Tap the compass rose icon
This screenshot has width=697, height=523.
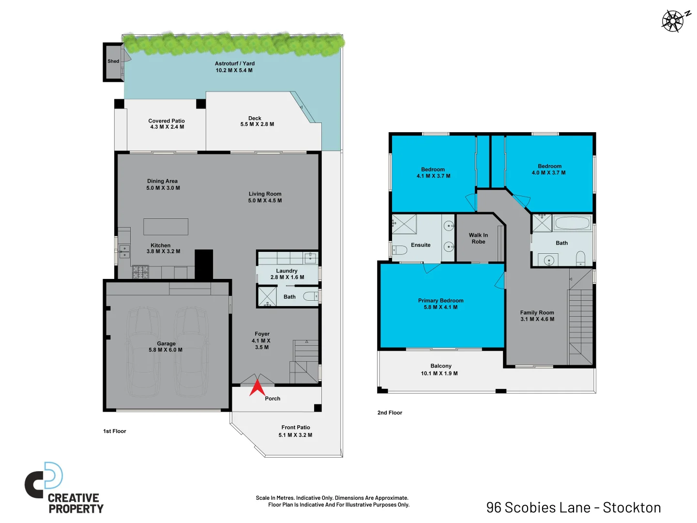click(674, 21)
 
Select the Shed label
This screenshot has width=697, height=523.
click(113, 62)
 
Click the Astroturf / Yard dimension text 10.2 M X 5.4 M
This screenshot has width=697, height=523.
click(234, 71)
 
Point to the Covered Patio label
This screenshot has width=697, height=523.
click(167, 121)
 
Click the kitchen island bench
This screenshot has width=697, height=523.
click(166, 227)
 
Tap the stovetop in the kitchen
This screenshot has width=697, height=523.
click(140, 272)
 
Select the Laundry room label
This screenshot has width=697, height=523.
click(287, 271)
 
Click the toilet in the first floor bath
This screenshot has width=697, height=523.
click(310, 296)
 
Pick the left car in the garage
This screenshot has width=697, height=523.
click(144, 351)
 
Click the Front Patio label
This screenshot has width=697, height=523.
click(295, 428)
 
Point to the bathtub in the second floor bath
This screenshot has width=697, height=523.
click(572, 223)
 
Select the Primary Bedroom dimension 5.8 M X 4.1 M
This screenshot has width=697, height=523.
click(440, 308)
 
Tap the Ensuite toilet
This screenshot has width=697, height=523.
click(399, 250)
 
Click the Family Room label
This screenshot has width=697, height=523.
click(537, 313)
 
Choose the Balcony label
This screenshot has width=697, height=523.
click(440, 366)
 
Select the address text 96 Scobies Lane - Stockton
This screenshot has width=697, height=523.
click(573, 508)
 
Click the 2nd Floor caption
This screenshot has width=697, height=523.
click(390, 413)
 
